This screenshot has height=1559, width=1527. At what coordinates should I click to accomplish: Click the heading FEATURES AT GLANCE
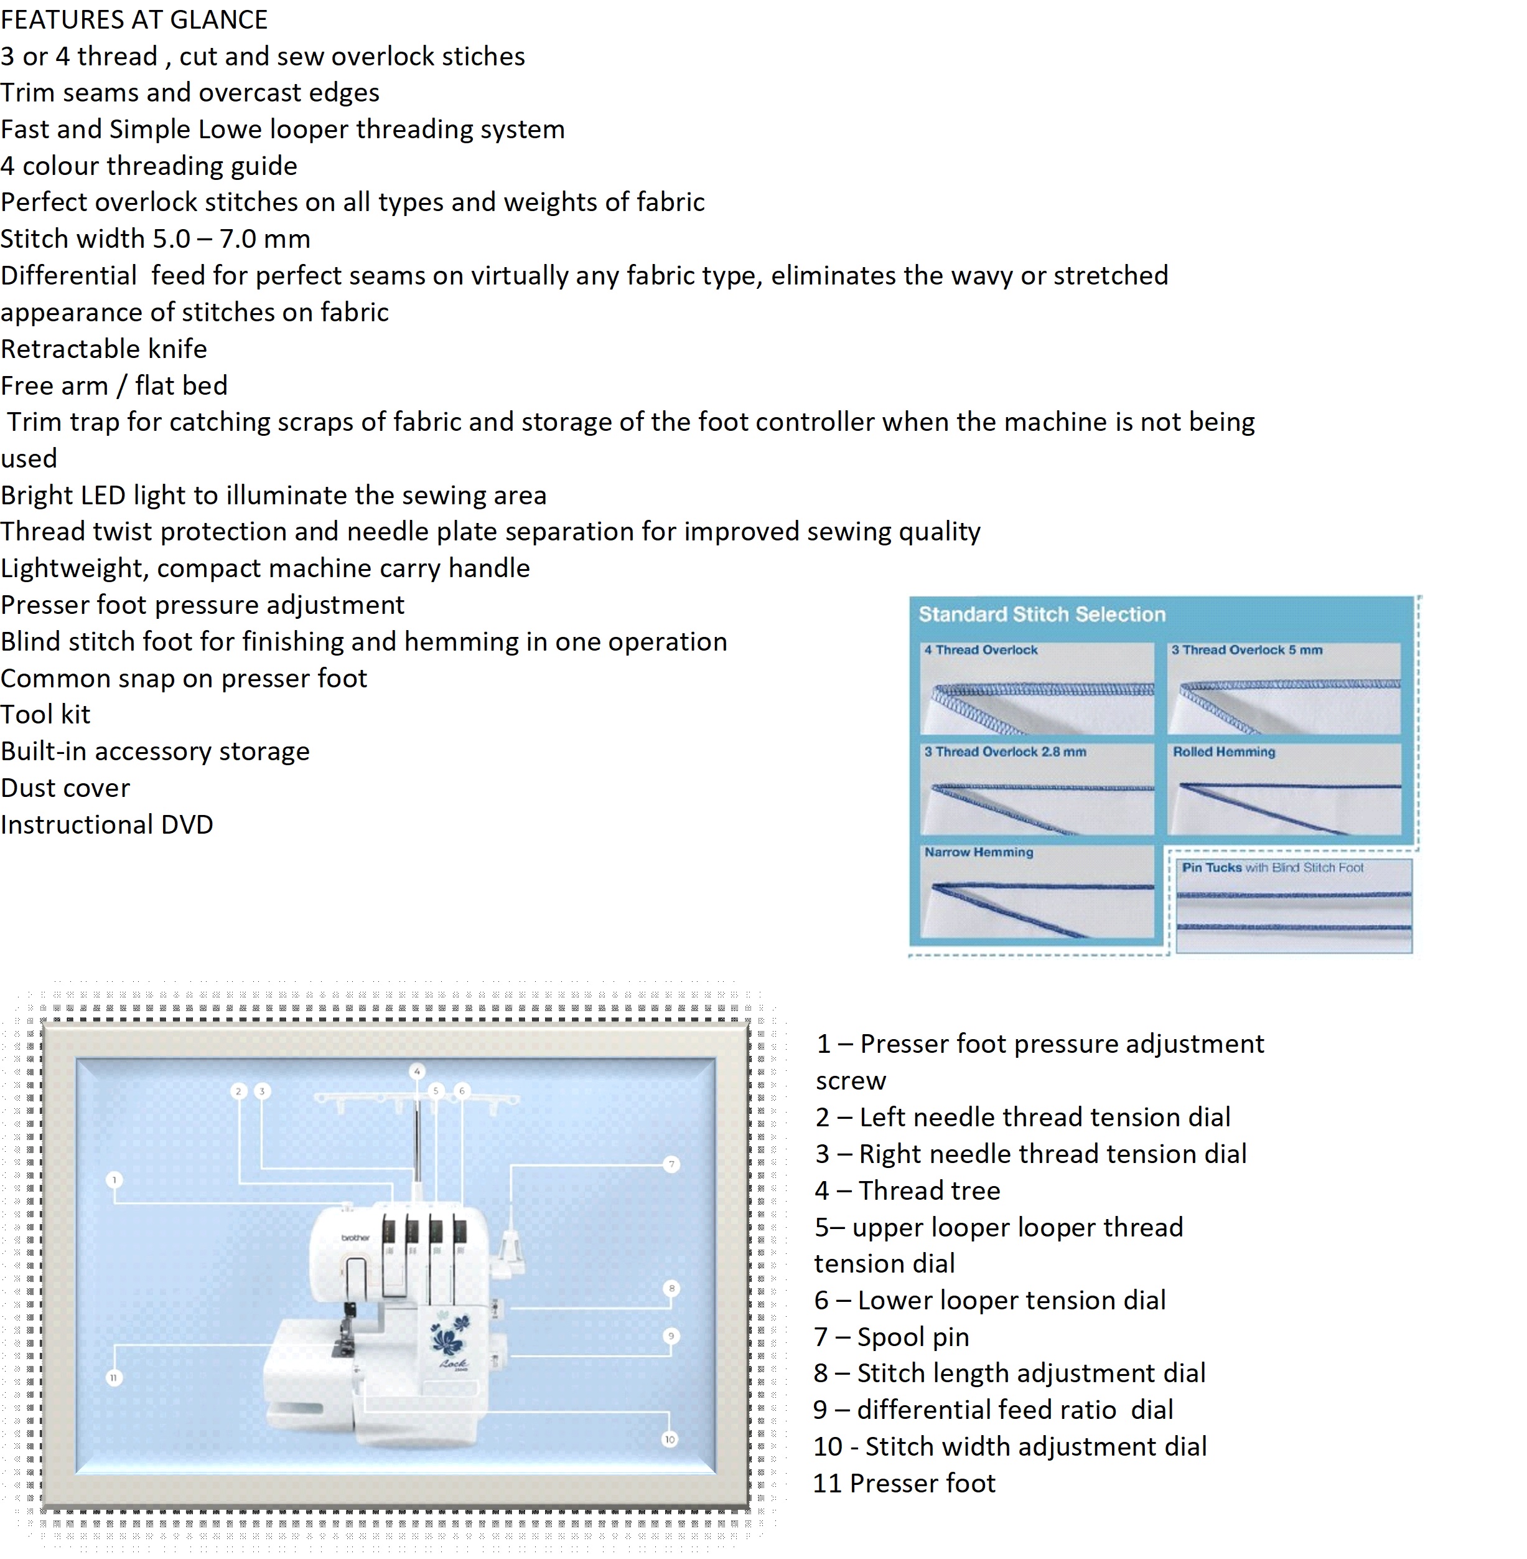point(134,19)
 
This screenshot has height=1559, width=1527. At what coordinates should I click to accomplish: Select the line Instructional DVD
point(106,825)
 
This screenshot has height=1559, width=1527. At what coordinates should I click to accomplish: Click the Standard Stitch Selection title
point(1042,615)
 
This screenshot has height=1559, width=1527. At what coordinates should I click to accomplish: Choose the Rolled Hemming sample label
point(1224,752)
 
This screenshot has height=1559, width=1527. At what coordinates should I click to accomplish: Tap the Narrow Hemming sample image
point(1037,898)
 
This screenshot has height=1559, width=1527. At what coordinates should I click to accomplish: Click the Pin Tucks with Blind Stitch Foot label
point(1272,867)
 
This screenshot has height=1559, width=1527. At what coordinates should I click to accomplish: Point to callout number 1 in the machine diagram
point(114,1179)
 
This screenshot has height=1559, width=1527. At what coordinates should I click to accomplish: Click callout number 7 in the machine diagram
point(671,1164)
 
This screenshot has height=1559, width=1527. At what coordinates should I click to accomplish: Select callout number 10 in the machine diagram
point(670,1439)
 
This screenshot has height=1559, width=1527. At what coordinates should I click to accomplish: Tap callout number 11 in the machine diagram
point(114,1378)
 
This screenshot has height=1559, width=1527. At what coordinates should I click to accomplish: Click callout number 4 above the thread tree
point(417,1071)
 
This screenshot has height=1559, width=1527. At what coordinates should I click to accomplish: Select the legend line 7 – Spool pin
point(892,1337)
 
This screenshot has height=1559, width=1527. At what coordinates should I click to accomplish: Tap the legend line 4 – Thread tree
point(907,1190)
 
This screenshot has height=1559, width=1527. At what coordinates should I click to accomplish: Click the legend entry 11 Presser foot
point(904,1484)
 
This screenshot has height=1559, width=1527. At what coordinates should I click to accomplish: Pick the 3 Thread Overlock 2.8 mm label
point(1005,752)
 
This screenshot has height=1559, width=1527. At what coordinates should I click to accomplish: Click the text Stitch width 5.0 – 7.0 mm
point(156,239)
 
